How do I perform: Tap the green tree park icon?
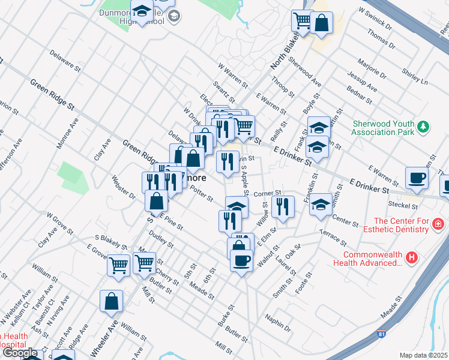tap(424, 127)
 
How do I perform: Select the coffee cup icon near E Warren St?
tap(417, 178)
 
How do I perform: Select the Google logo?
tap(20, 353)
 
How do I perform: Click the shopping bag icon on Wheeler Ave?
tap(112, 302)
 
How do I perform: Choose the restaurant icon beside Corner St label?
tap(283, 206)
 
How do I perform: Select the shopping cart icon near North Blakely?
tap(303, 21)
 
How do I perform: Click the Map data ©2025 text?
tap(423, 355)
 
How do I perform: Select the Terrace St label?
tap(333, 238)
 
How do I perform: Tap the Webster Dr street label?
tap(124, 187)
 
